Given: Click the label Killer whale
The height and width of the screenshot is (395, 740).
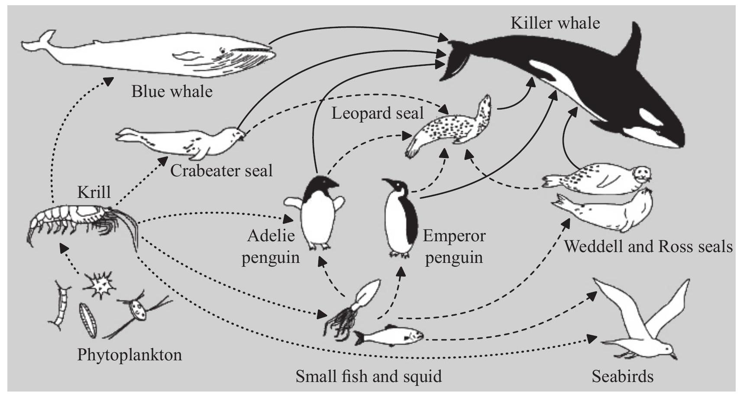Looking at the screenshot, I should [555, 23].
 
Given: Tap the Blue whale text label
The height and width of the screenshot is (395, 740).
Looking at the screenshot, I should [172, 91].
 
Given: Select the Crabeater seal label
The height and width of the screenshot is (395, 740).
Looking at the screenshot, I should [221, 170].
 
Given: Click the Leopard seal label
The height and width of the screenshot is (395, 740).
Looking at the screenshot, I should [377, 113].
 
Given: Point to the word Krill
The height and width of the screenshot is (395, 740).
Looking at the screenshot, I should [94, 192].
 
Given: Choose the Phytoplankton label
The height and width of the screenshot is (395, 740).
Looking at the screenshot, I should [129, 355].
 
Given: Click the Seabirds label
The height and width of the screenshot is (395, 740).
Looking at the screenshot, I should [623, 376].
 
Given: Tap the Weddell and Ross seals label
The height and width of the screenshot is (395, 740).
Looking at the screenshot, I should [648, 246].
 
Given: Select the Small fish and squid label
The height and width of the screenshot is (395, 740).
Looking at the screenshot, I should [368, 376].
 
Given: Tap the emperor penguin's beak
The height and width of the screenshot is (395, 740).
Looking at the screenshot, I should [387, 182].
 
